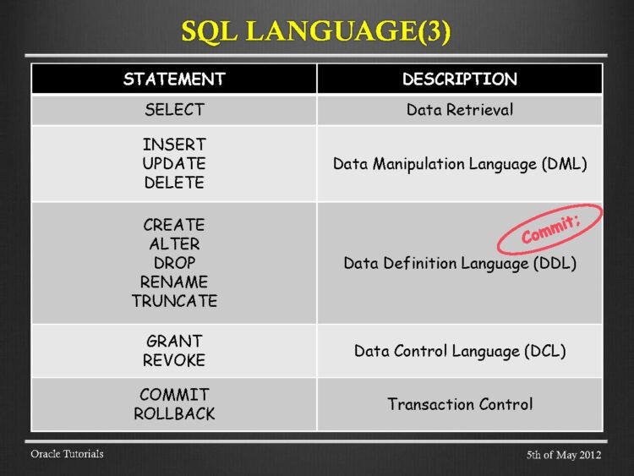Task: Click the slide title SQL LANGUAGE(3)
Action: click(316, 32)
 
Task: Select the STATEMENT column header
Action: click(174, 79)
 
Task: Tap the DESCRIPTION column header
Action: click(459, 79)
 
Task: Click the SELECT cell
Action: click(174, 110)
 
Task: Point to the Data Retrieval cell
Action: click(459, 110)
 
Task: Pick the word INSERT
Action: click(174, 145)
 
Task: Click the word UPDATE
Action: click(174, 163)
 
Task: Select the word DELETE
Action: click(174, 182)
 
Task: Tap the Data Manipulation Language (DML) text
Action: click(459, 163)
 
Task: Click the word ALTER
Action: click(174, 244)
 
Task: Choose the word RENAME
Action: click(174, 282)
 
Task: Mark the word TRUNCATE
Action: click(174, 300)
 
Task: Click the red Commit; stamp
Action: click(549, 228)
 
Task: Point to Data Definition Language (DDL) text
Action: click(459, 264)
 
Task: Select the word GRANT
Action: click(174, 342)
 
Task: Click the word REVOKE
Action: click(174, 360)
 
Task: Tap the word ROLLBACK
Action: click(174, 413)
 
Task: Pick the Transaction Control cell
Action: click(459, 404)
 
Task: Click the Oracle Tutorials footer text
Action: click(67, 454)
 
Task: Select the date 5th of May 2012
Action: click(563, 456)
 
